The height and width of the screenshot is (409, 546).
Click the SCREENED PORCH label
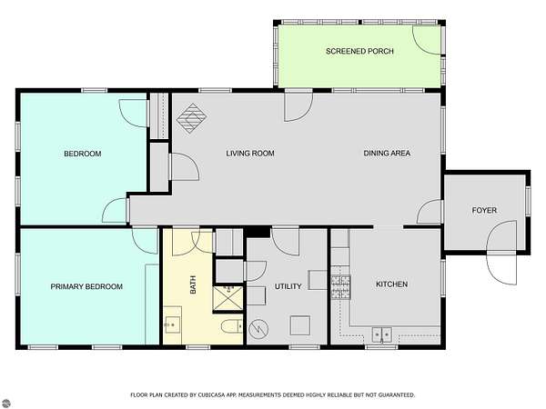(x=359, y=51)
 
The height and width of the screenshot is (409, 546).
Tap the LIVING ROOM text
(x=250, y=153)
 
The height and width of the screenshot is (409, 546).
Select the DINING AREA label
(x=387, y=153)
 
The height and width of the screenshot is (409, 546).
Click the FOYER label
(x=484, y=210)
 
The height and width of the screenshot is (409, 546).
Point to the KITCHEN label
(x=391, y=284)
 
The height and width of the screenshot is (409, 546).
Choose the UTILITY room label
(x=288, y=286)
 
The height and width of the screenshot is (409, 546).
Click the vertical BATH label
(x=193, y=284)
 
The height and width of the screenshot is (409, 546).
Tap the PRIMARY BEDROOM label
(x=86, y=286)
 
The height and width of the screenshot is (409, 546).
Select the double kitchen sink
(x=381, y=334)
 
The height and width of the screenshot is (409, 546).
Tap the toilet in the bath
(x=231, y=326)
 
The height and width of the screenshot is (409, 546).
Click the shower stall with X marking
(x=227, y=298)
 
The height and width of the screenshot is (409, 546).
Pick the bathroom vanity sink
(x=172, y=324)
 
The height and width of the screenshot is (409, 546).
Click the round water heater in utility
(x=259, y=329)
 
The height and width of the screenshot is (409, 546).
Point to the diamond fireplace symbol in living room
(x=191, y=118)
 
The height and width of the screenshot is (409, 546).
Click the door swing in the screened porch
(x=427, y=40)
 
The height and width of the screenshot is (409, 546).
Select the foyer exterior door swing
(x=501, y=253)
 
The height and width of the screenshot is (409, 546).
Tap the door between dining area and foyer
(x=430, y=212)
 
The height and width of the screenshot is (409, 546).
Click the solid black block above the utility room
(x=257, y=232)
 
